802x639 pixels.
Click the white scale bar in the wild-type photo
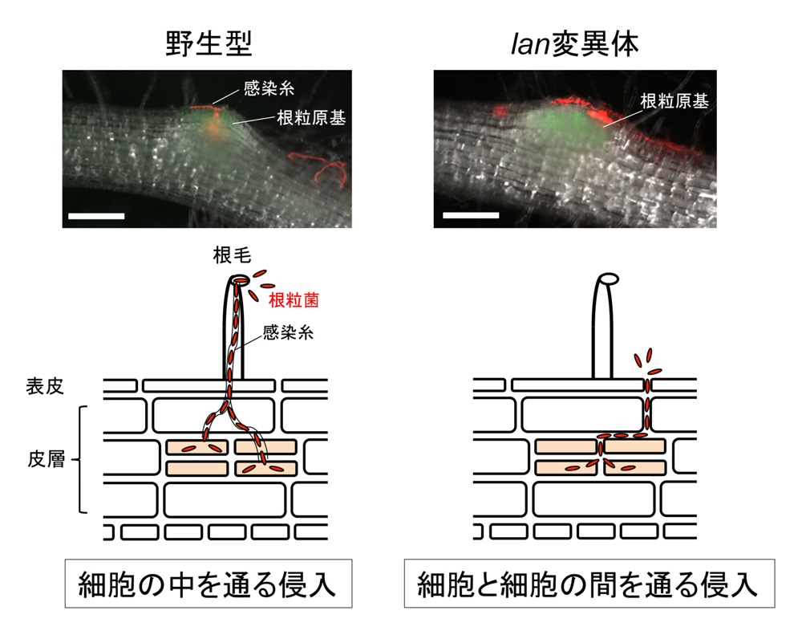click(97, 216)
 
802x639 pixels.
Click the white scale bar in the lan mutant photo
click(470, 215)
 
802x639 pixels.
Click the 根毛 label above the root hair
click(233, 257)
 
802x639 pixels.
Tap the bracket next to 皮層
click(80, 460)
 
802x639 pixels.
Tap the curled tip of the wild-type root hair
click(241, 281)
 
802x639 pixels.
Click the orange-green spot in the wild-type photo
click(212, 127)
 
